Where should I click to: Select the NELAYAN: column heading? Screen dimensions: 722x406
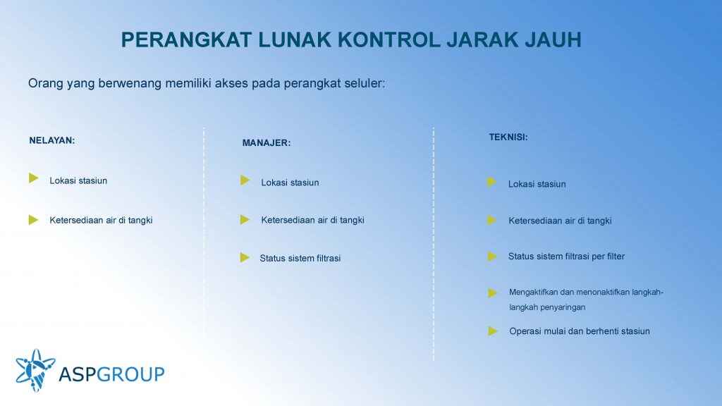(52, 140)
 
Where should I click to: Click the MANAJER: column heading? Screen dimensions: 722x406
(267, 142)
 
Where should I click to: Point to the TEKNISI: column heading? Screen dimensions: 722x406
(508, 137)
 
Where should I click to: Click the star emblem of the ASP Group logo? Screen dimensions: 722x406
(35, 370)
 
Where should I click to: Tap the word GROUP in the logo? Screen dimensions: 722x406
(130, 374)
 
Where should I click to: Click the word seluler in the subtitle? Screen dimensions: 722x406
(365, 83)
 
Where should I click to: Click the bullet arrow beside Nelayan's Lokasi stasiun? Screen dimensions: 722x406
(34, 178)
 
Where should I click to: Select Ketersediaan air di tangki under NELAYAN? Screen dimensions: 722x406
(101, 220)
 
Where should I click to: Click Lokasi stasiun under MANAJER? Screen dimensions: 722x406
(290, 183)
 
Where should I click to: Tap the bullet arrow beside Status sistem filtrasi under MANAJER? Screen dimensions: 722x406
(245, 258)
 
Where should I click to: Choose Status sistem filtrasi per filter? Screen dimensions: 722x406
(566, 257)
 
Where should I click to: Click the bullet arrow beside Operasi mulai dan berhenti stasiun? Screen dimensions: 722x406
(493, 331)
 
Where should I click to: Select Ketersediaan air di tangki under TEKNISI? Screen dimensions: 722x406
(560, 221)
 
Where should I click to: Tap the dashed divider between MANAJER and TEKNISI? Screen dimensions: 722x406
(434, 244)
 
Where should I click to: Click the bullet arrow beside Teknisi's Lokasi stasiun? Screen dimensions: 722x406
(491, 182)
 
